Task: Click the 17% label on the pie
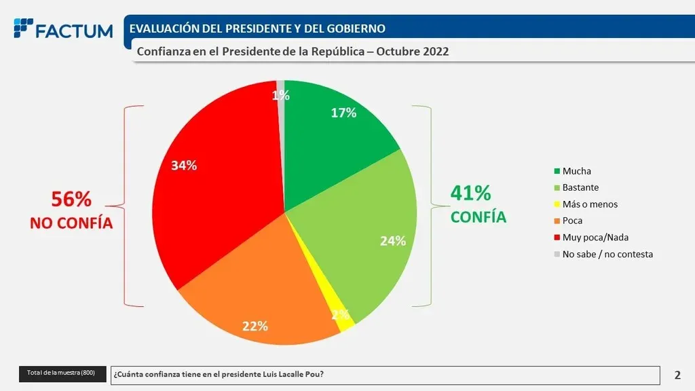tap(343, 113)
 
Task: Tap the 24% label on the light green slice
tap(393, 240)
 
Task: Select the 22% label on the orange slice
tap(255, 326)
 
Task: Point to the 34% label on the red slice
tap(184, 166)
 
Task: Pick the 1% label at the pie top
tap(281, 96)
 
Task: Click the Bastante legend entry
tap(580, 187)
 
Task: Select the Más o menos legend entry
tap(589, 204)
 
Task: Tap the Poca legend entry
tap(571, 221)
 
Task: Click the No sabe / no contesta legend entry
tap(607, 254)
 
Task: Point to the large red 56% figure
tap(71, 199)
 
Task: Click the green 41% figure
tap(470, 193)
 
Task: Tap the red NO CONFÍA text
tap(71, 223)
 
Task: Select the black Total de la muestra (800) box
tap(62, 373)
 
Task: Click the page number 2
tap(677, 375)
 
